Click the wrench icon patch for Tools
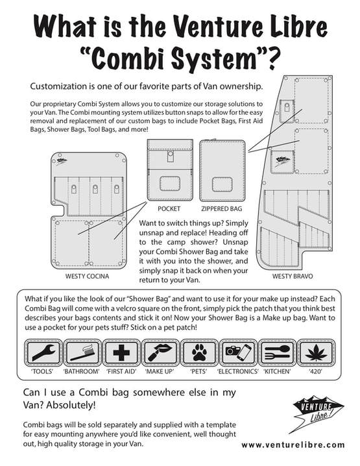coord(43,352)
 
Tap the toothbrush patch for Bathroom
coord(82,352)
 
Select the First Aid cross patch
coord(121,352)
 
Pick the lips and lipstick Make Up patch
coord(160,352)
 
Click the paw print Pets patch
coord(199,352)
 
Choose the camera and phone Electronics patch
coord(238,352)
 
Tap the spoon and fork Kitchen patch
coord(277,352)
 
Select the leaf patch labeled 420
coord(316,352)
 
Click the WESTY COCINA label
coord(87,276)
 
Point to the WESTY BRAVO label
coord(293,276)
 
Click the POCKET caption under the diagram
coord(169,208)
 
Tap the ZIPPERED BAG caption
coord(222,208)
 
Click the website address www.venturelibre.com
coord(293,445)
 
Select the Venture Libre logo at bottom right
coord(317,413)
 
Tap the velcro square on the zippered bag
coord(222,184)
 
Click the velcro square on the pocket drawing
coord(170,184)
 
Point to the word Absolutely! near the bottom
coord(71,405)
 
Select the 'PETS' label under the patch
coord(198,371)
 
